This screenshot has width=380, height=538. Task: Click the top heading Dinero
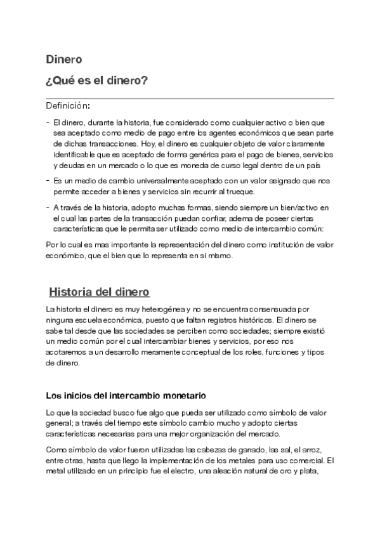point(63,60)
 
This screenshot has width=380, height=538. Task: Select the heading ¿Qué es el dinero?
point(97,81)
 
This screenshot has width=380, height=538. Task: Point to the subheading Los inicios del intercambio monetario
point(126,396)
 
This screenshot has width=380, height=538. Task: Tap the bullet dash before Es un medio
point(48,181)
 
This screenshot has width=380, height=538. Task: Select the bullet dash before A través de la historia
point(48,207)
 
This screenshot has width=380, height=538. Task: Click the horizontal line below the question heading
point(190,98)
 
